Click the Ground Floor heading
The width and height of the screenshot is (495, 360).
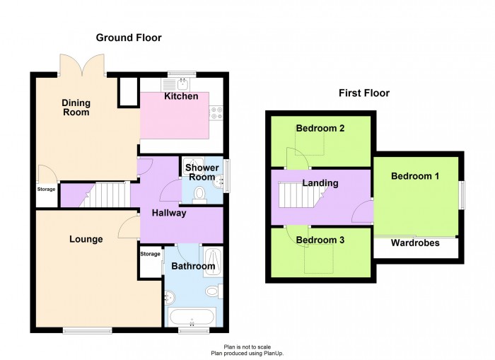pos(129,37)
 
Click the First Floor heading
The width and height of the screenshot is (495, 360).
pos(364,93)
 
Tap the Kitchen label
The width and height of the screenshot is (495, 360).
pos(181,96)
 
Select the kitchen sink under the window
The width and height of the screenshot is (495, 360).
pos(175,84)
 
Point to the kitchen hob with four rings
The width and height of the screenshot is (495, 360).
pos(216,113)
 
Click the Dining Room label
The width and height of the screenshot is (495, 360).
pos(76,108)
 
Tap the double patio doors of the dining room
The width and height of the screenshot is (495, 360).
pos(82,65)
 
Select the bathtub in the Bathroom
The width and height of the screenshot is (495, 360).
pos(192,317)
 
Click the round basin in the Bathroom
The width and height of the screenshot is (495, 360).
pos(170,297)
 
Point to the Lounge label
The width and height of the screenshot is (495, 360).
pos(86,239)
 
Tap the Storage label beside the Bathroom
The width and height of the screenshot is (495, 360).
pos(150,254)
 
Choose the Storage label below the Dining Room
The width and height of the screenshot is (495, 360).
pos(47,189)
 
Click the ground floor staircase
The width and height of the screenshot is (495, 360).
pos(105,194)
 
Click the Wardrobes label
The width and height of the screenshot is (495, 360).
pos(415,243)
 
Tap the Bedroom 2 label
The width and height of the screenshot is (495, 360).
pos(320,128)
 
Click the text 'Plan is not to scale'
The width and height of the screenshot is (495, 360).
pos(248,347)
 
